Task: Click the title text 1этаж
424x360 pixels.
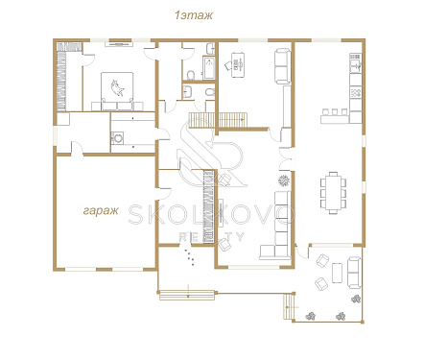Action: pos(194,15)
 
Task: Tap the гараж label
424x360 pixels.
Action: pos(101,211)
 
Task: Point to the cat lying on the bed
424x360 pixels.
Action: pos(117,87)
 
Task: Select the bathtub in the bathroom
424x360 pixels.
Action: pos(209,68)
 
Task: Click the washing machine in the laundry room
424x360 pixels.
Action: pos(117,138)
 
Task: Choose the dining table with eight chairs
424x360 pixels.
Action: pos(334,193)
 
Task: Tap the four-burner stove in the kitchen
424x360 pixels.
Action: pos(356,92)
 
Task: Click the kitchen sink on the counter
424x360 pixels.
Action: pos(356,64)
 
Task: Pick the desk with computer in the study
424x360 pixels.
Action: pos(237,65)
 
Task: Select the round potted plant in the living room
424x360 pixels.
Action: pos(284,180)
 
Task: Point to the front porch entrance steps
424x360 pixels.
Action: pos(187,295)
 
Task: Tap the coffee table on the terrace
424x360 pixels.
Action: pos(337,273)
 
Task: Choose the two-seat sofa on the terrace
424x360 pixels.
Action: pos(354,273)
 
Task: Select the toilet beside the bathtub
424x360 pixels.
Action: pos(191,75)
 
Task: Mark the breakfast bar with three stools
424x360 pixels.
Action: pos(335,116)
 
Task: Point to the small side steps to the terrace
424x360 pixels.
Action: pos(289,306)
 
